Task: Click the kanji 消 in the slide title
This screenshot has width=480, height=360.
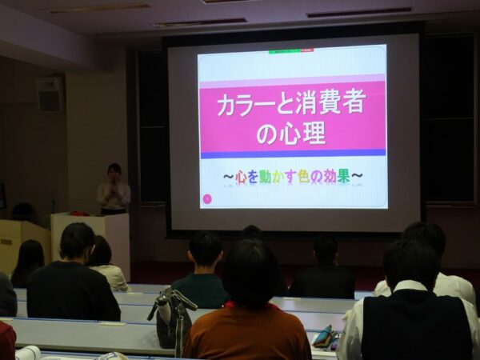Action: pos(308,103)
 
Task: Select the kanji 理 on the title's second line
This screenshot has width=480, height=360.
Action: pos(313,134)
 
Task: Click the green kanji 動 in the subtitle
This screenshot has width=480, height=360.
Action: pos(265,177)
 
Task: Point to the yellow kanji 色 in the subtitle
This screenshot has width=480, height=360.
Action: pos(303,176)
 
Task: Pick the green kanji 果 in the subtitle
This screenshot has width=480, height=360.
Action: pos(343,176)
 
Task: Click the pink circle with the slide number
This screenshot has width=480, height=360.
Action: pos(207,199)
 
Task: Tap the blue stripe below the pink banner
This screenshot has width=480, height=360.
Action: pos(293,154)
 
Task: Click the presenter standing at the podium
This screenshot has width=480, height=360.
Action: pos(114,190)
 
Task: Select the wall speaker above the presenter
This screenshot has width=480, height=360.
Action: pos(49,94)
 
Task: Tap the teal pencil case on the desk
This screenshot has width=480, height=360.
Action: pos(322,336)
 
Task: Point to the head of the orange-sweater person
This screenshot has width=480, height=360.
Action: pos(250,273)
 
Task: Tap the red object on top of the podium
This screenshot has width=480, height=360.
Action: pos(79,213)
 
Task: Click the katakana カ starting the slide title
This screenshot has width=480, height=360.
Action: pos(229,105)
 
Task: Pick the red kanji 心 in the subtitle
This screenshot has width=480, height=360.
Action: pos(241,178)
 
